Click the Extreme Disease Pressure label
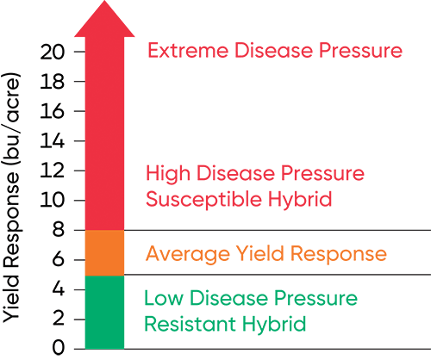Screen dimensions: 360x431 click(x=275, y=51)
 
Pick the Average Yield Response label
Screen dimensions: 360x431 click(x=265, y=253)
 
